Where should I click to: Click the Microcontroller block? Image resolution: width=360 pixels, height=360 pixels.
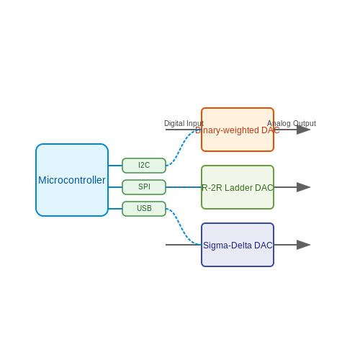pos(72,180)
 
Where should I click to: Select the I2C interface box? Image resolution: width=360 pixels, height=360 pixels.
pos(144,166)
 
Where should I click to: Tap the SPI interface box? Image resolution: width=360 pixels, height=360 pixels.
pos(144,187)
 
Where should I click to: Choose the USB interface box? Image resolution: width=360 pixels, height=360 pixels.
pos(144,209)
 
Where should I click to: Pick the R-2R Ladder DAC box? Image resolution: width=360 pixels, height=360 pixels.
pos(238,187)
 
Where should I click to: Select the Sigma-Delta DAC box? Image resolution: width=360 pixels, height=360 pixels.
pos(238,245)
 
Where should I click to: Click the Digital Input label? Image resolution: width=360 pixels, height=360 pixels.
pos(184,123)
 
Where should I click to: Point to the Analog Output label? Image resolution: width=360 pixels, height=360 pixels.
pos(292,123)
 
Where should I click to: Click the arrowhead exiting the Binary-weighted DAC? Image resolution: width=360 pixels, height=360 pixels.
pos(304,130)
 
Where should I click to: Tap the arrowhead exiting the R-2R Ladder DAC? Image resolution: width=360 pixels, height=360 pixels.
pos(304,187)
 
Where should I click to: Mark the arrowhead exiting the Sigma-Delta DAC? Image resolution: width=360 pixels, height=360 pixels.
pos(304,245)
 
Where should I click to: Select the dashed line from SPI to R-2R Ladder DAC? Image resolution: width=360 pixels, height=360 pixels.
pos(184,187)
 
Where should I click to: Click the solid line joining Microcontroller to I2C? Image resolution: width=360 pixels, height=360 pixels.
pos(115,166)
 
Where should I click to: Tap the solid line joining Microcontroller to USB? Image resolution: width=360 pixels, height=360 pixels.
pos(115,209)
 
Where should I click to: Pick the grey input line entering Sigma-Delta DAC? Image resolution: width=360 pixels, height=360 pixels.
pos(183,245)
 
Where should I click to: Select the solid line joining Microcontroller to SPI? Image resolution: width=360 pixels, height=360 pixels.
pos(115,187)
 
